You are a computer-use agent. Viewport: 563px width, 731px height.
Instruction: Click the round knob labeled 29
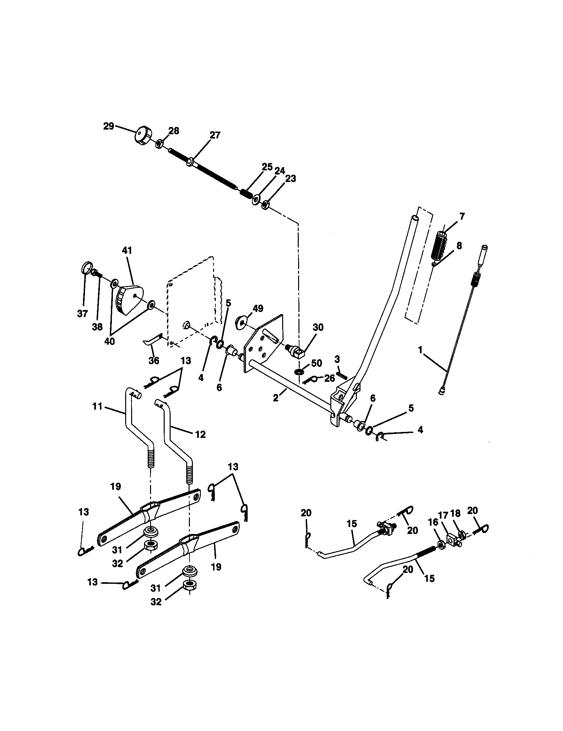143,136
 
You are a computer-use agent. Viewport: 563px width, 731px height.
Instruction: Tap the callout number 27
215,135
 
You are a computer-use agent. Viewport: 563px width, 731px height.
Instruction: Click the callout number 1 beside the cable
420,350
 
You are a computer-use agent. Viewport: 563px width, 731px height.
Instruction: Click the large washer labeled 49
241,322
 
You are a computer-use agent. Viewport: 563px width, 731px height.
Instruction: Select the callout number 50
316,363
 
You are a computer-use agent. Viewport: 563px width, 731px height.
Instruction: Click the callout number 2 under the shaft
276,398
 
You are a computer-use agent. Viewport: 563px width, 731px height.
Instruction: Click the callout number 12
201,435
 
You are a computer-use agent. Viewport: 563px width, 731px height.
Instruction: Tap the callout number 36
154,361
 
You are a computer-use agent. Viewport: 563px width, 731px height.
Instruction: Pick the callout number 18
455,513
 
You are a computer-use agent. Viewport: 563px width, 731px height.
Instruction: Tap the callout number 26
329,378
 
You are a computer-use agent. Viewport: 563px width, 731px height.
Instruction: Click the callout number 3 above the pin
337,360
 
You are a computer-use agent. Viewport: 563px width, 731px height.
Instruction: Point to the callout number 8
459,246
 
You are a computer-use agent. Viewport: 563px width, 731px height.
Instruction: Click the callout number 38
97,327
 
